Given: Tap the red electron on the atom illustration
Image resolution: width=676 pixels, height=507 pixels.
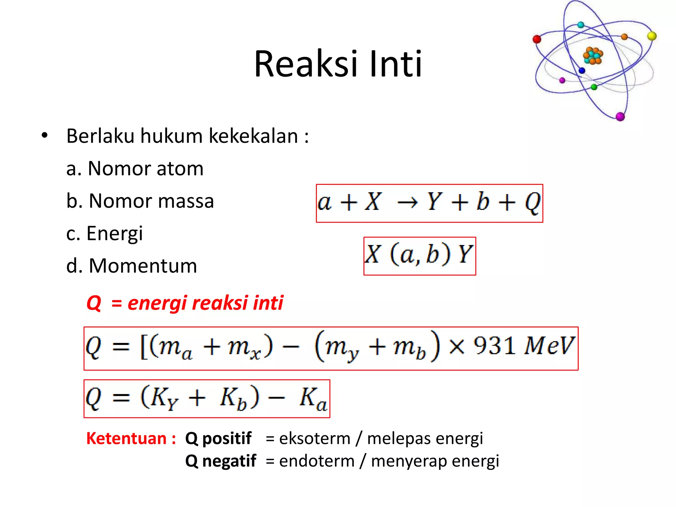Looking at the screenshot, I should [x=537, y=39].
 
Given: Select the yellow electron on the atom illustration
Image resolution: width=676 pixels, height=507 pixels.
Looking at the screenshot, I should [x=652, y=36].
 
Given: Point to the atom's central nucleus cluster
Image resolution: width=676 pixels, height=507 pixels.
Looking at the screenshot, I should [x=593, y=56].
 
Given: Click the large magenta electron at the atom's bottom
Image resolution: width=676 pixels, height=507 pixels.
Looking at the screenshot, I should [x=620, y=117].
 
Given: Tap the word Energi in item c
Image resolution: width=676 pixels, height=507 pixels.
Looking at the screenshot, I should [x=115, y=234].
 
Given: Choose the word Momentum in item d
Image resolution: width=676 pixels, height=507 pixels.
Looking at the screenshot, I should [x=143, y=266].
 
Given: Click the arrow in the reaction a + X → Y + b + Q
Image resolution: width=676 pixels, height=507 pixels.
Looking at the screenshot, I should [x=407, y=202].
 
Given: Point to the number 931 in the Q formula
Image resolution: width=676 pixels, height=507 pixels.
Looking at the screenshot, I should [x=494, y=346].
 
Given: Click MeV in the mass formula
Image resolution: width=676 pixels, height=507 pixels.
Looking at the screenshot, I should [x=549, y=346].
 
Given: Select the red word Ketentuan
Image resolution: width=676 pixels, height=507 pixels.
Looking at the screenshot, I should [x=126, y=439].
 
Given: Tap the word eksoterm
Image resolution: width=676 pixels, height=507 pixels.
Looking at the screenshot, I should [x=315, y=439].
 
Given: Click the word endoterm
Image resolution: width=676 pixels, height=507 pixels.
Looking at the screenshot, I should [x=317, y=461].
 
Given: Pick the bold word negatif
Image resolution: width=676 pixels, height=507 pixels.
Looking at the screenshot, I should [x=229, y=461].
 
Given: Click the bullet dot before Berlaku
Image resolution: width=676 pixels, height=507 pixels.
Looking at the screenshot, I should [x=45, y=136].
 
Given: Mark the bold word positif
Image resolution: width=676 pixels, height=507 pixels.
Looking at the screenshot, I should [x=227, y=439].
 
